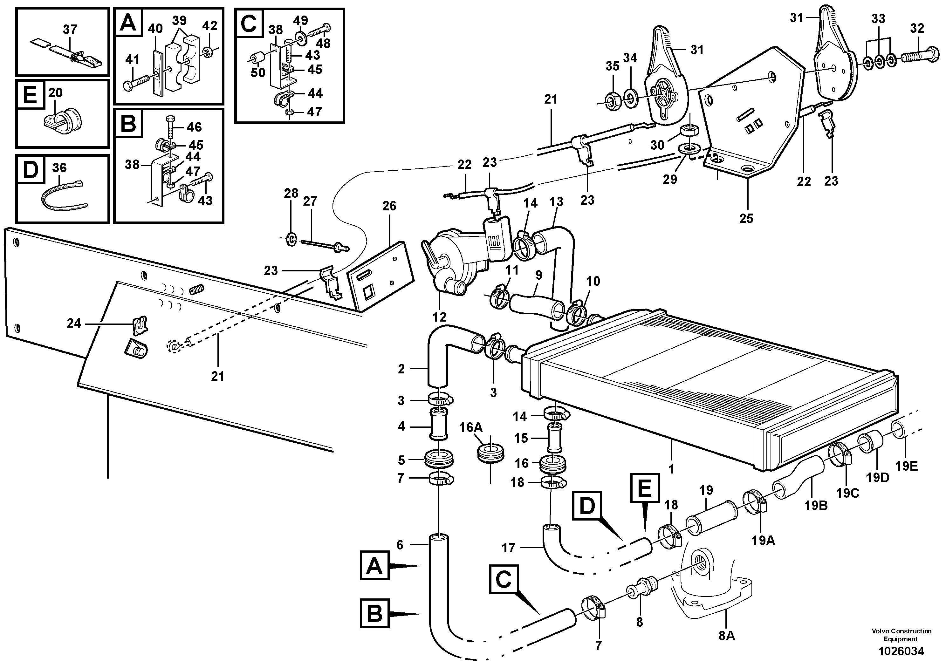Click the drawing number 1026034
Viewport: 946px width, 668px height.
point(901,651)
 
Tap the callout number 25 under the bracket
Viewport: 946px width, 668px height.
point(746,218)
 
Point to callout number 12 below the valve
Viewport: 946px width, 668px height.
point(439,317)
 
